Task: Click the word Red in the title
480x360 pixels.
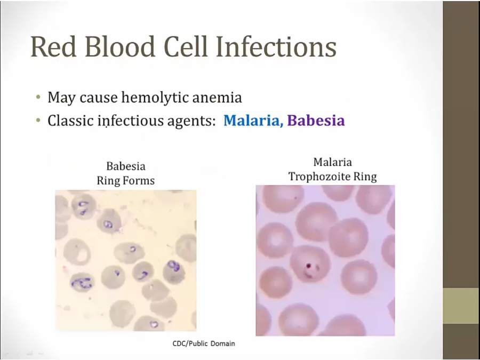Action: click(53, 46)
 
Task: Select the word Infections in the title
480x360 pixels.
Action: click(276, 46)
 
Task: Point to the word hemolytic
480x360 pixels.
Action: click(155, 98)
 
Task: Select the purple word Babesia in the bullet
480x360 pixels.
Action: click(316, 121)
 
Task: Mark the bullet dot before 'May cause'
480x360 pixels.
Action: click(38, 98)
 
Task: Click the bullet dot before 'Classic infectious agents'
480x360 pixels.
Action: click(38, 121)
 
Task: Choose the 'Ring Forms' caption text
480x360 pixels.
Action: click(125, 180)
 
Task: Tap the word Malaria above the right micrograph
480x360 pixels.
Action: click(332, 162)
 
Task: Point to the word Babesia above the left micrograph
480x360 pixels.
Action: click(126, 166)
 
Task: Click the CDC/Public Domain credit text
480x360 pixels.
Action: click(204, 343)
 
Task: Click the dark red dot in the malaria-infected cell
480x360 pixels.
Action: click(309, 265)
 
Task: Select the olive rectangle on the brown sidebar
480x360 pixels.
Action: click(461, 306)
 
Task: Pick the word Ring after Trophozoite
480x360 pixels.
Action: click(365, 177)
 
